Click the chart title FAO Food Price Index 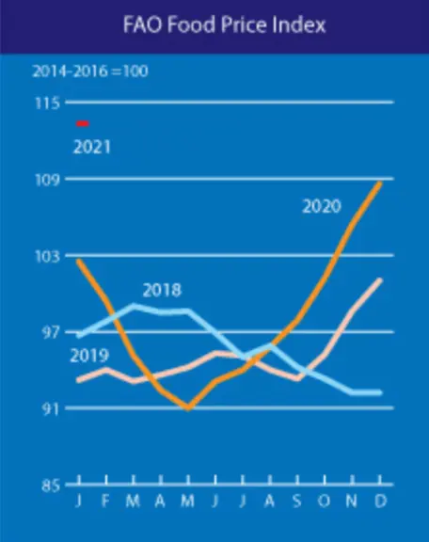224,24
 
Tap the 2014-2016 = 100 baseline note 90,72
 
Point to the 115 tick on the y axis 48,103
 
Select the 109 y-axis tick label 48,180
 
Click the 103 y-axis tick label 48,257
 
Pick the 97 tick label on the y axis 51,332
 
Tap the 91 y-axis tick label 51,409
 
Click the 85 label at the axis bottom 51,486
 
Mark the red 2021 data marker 83,123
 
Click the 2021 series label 92,147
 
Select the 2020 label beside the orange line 322,206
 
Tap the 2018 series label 162,290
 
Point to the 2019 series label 89,356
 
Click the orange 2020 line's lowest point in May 188,407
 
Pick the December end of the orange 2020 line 380,183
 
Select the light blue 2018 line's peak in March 134,306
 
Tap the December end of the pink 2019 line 380,279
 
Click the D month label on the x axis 381,501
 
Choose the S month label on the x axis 297,501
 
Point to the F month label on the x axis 105,501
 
